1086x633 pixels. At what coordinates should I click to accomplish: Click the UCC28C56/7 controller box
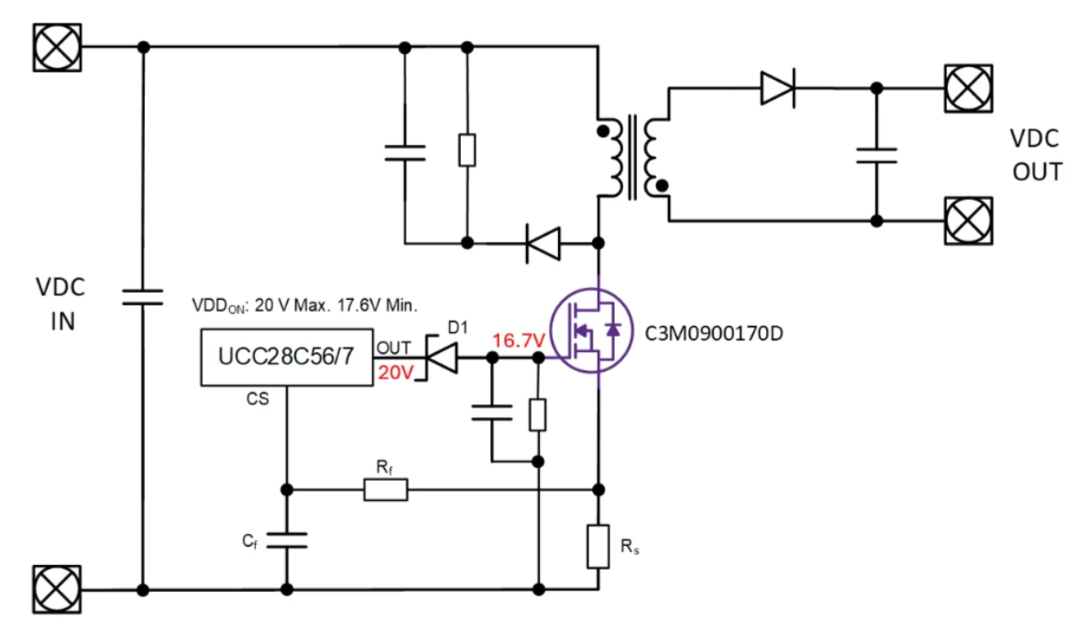point(286,357)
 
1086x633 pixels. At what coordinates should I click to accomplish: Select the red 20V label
point(395,372)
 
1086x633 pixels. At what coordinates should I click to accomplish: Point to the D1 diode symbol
point(443,359)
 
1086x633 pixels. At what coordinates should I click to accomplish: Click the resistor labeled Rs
point(598,546)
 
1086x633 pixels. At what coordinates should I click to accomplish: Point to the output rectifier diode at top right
point(777,88)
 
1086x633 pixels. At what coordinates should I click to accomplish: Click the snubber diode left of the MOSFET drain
point(543,244)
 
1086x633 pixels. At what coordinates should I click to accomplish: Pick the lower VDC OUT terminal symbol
point(968,221)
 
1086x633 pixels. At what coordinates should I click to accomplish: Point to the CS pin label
point(258,400)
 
